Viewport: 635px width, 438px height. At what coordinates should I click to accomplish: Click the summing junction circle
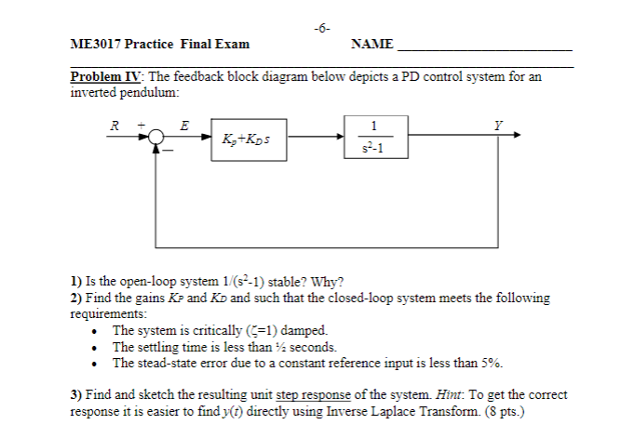pos(155,137)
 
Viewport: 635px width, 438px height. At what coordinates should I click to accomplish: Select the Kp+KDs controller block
pos(248,139)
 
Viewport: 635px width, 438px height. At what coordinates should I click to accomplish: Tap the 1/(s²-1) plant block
pos(373,136)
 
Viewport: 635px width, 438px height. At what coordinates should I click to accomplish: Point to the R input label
pos(115,124)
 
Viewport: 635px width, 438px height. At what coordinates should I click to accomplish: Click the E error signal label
pos(184,124)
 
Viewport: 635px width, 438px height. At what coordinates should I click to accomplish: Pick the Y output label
pos(500,124)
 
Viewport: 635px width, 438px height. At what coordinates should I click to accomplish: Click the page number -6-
pos(319,29)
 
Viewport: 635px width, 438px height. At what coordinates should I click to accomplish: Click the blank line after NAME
pos(484,48)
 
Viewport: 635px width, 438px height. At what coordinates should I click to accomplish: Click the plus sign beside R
pos(139,124)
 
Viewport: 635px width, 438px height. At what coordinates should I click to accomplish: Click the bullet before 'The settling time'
pos(98,347)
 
